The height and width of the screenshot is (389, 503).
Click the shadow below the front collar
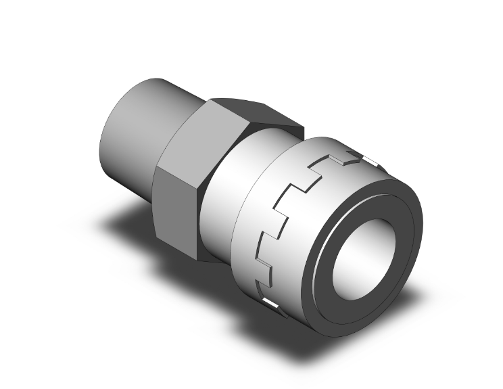click(x=352, y=325)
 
